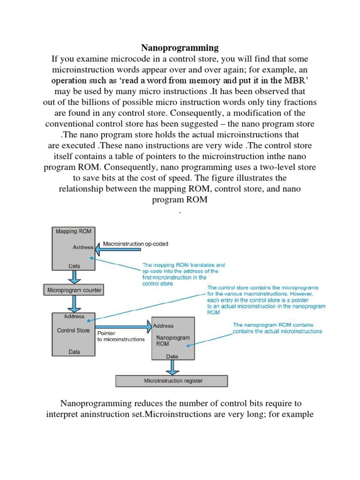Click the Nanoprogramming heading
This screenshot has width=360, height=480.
tap(180, 48)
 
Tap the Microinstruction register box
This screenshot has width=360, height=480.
tap(173, 381)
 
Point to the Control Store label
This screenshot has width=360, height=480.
tap(73, 330)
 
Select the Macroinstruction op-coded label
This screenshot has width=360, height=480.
tap(135, 244)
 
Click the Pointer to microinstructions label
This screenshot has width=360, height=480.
tap(120, 336)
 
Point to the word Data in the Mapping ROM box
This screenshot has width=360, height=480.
tap(75, 266)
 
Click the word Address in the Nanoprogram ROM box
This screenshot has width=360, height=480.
tap(163, 326)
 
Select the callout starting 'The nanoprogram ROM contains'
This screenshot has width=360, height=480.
tap(277, 328)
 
